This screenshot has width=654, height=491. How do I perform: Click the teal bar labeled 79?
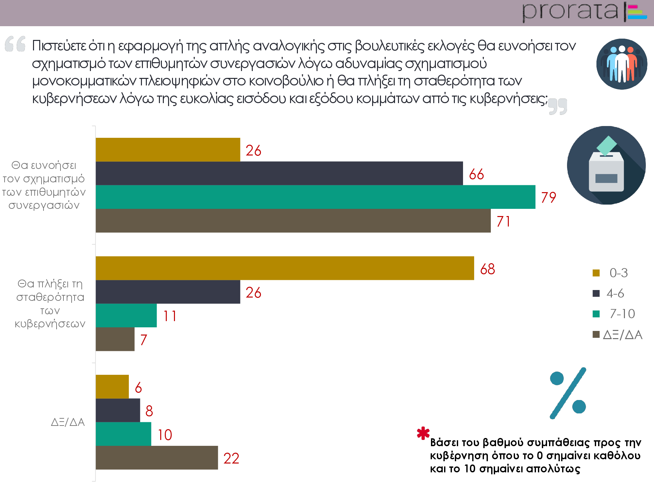(x=316, y=197)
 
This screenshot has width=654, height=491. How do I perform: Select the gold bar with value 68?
(x=284, y=268)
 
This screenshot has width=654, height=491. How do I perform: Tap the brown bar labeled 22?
(x=157, y=458)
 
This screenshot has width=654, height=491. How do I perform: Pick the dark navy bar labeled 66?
(x=279, y=173)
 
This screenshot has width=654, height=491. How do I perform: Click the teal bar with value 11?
(x=126, y=315)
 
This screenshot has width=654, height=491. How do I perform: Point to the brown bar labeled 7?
(x=115, y=339)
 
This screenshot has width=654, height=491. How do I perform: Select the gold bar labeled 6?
(x=112, y=387)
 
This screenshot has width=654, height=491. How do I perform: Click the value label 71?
(x=503, y=222)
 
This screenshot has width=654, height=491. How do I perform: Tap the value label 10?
(x=165, y=435)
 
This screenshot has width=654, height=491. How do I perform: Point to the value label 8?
(x=149, y=411)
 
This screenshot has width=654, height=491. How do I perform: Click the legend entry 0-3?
(x=618, y=273)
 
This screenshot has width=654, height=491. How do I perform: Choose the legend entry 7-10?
(x=622, y=314)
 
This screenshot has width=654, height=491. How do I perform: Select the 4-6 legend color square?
(x=596, y=293)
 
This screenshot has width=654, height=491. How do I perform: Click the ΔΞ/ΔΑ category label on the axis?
(x=68, y=422)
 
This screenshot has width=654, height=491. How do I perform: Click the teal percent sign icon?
(x=568, y=393)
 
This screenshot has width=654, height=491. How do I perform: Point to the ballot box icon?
(x=606, y=165)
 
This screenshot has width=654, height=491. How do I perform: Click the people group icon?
(x=622, y=64)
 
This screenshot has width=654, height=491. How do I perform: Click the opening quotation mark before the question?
(x=15, y=44)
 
